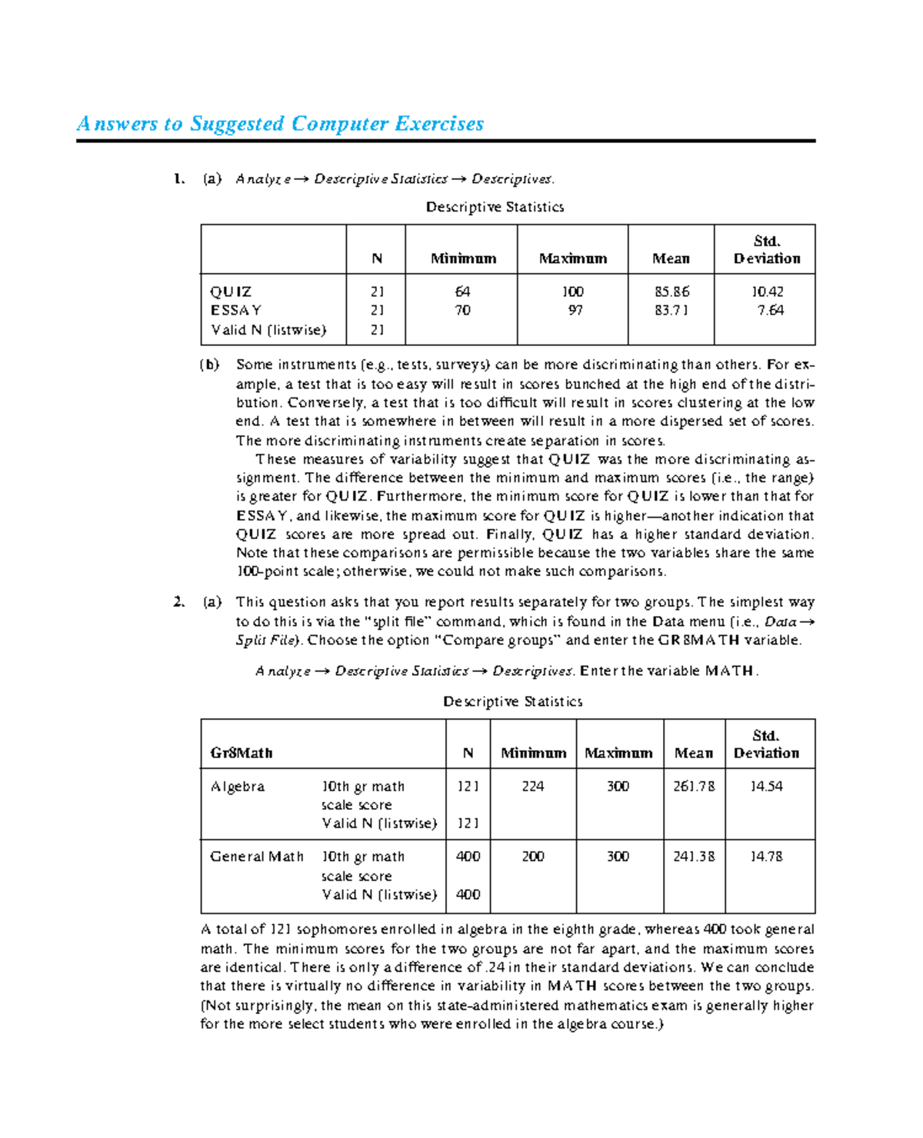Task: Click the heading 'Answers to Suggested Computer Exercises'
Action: tap(280, 124)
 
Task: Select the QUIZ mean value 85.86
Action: tap(671, 292)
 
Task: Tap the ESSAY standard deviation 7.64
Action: tap(770, 311)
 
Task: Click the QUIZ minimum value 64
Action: tap(462, 292)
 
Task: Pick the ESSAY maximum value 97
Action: tap(575, 311)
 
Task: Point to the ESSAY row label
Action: tap(236, 311)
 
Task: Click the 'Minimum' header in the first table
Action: tap(463, 259)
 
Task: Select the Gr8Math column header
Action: tap(242, 754)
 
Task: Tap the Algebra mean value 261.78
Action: tap(694, 787)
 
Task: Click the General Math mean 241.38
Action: tap(694, 857)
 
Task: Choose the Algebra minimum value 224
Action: tap(532, 787)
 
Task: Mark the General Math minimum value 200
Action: tap(532, 857)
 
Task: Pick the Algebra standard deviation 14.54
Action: tap(766, 787)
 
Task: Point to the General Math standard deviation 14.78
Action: tap(766, 857)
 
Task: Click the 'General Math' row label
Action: tap(257, 857)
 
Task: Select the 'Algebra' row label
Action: tap(238, 787)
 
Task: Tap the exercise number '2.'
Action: tap(178, 602)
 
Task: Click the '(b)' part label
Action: tap(209, 365)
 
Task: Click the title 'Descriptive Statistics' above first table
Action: tap(495, 208)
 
